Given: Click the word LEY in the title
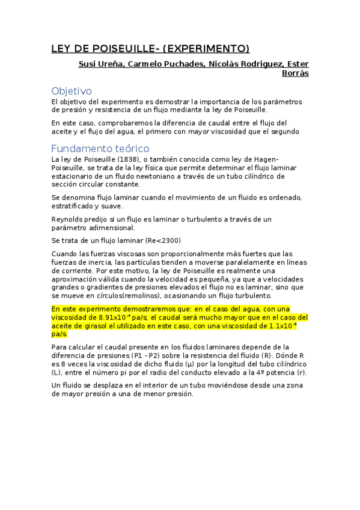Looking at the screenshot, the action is (x=61, y=49).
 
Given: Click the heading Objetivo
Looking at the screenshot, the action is (x=72, y=91).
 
